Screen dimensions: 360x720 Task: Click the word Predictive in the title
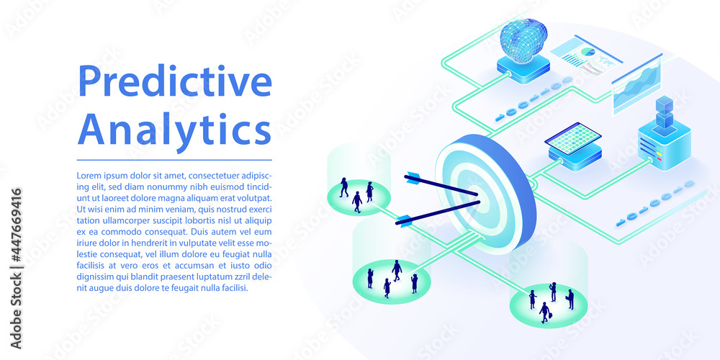tap(174, 82)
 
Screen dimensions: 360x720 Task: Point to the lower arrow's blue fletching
tap(404, 220)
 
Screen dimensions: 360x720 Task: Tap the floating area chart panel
tap(637, 83)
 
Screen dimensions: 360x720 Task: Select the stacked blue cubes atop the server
tap(664, 113)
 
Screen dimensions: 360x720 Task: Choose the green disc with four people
tap(391, 280)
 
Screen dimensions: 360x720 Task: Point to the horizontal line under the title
tap(174, 159)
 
